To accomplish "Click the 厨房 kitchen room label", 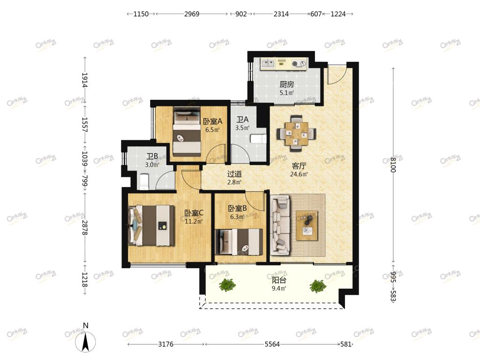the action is [x=287, y=84].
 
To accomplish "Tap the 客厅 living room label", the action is [x=299, y=166].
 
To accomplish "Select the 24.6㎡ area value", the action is [x=299, y=174].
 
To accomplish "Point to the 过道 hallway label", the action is [x=234, y=174].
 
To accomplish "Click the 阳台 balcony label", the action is [x=279, y=280].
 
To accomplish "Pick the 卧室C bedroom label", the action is [x=194, y=213].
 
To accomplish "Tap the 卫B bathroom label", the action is [x=152, y=157].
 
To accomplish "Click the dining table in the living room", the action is [x=296, y=134].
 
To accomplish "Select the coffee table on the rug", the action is [x=307, y=225].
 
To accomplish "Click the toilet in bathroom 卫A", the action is [x=258, y=139].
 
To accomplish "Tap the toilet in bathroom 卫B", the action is [x=144, y=181].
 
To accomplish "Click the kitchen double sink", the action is [x=268, y=64].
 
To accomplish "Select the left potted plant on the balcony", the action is [x=227, y=285].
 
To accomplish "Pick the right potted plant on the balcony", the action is [x=318, y=286].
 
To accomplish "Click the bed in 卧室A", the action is [x=187, y=132].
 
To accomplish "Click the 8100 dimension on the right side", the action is [x=394, y=165].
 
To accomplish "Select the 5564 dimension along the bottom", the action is [x=272, y=345].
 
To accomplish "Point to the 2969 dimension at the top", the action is [x=192, y=14].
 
